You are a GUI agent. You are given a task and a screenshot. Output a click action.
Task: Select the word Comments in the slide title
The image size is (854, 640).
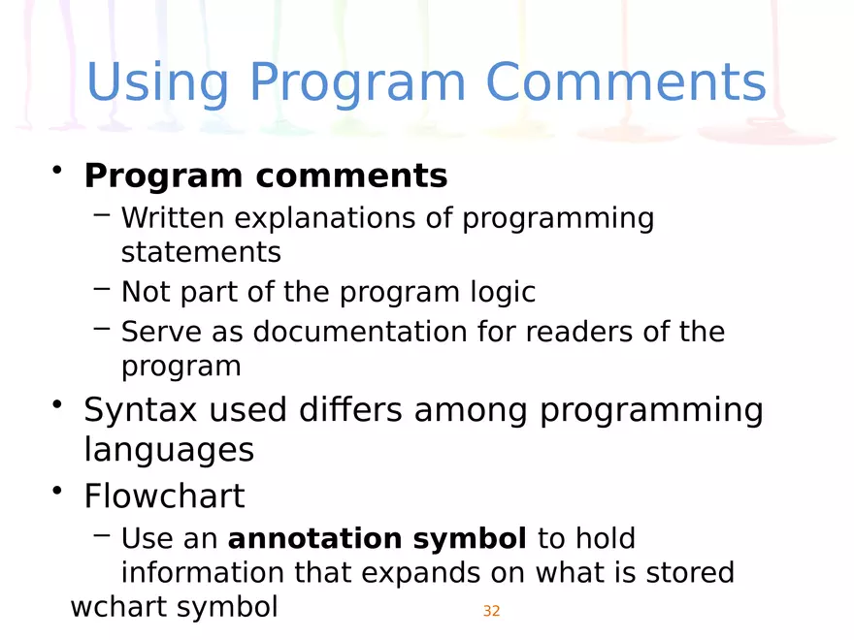[626, 83]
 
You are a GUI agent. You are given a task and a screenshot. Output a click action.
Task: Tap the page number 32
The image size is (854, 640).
[491, 611]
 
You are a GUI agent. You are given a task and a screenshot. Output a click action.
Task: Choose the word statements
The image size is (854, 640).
[201, 253]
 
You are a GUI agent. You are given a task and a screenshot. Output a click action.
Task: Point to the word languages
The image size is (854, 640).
[169, 450]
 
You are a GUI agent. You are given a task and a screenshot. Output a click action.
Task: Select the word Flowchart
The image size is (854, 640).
[164, 496]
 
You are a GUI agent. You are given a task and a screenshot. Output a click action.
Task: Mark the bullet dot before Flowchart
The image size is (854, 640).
[59, 493]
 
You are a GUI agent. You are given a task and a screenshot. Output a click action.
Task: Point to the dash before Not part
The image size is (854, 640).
[102, 289]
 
